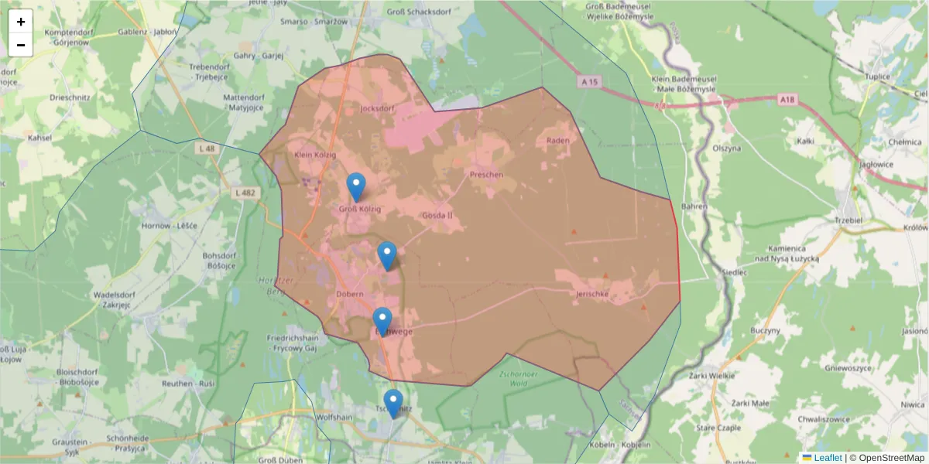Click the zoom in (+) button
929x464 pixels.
21,22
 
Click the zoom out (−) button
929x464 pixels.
21,45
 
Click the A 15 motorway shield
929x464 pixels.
589,81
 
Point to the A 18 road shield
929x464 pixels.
787,100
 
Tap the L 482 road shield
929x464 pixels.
245,193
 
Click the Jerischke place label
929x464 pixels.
593,295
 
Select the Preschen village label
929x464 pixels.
486,175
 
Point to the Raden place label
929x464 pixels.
557,140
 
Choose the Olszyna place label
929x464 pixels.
728,148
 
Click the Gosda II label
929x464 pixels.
437,216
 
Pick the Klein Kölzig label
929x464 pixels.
316,155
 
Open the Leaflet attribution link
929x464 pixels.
828,458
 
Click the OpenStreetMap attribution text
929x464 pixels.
891,458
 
